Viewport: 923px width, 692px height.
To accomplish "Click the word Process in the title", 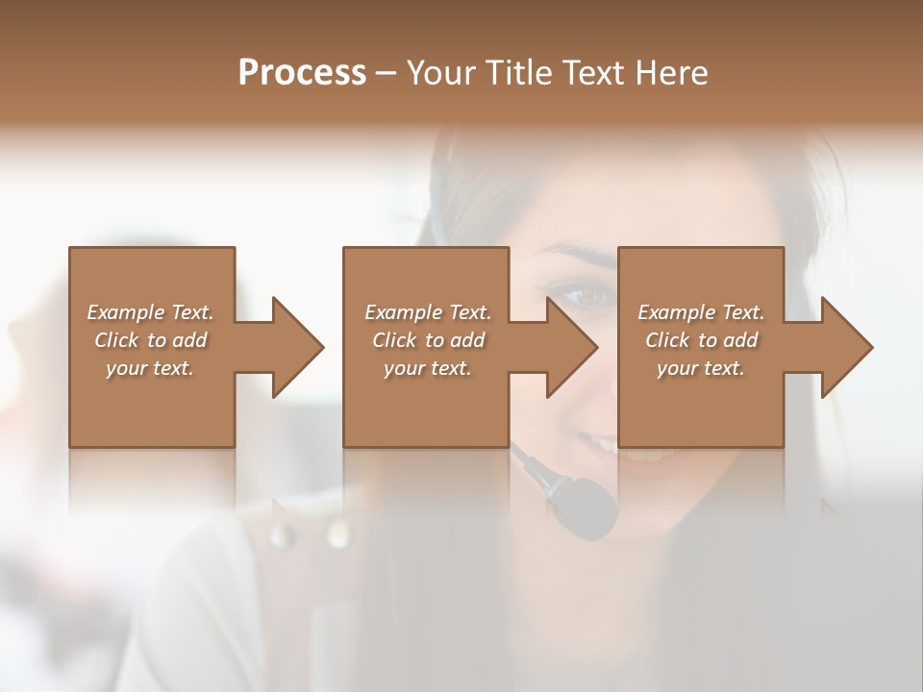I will (302, 73).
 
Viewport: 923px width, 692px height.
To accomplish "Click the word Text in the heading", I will (594, 73).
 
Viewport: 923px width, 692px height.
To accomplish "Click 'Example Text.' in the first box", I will (151, 312).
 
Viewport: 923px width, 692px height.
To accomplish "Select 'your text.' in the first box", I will (151, 368).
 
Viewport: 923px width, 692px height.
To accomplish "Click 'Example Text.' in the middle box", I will (428, 312).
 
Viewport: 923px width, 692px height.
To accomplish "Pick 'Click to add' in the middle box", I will (428, 340).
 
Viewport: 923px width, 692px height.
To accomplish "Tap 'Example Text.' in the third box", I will (701, 312).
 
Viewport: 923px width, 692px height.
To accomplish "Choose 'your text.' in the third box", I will (701, 368).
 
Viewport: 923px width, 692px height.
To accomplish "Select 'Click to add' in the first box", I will (151, 340).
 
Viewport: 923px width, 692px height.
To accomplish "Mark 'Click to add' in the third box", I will (701, 340).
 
